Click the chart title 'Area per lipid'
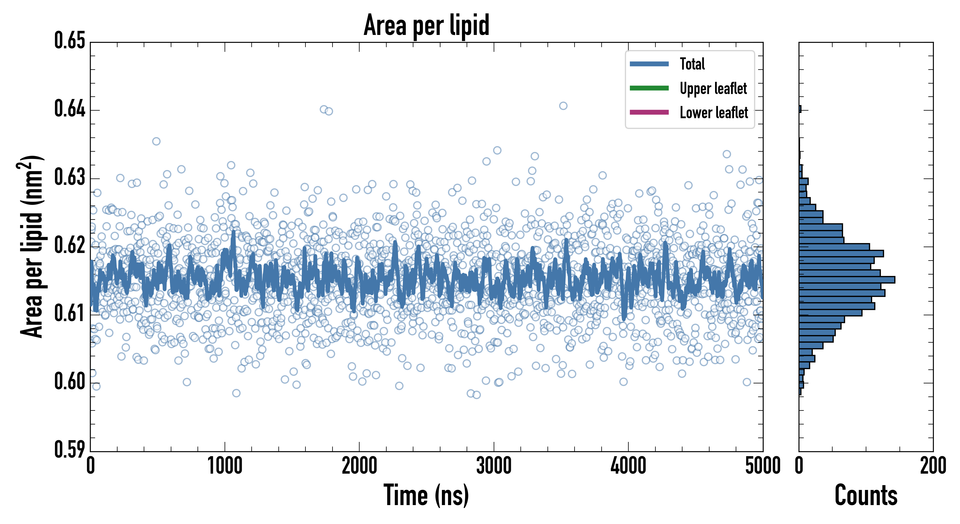(426, 25)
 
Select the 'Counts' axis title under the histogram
(866, 495)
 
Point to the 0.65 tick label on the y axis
(70, 41)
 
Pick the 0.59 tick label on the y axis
(70, 449)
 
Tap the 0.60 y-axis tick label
(70, 382)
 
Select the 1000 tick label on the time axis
(225, 466)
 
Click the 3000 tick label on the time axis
(494, 466)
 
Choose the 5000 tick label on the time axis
(762, 466)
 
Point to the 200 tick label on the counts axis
(933, 466)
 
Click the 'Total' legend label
(692, 64)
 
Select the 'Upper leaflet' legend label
(713, 89)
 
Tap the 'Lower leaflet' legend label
(714, 113)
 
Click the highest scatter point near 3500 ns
(563, 106)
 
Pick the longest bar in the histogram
(847, 280)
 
